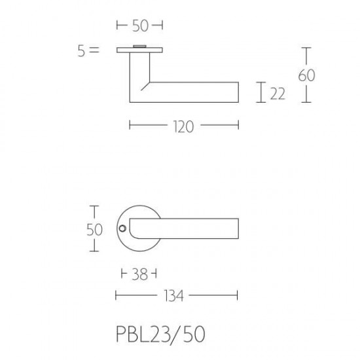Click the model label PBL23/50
point(160,334)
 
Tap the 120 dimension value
point(184,127)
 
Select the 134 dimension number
point(174,296)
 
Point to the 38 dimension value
point(139,274)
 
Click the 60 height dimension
point(306,75)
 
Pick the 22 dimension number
point(278,94)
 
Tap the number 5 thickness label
point(81,51)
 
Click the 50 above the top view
point(140,26)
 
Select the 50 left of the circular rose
point(94,230)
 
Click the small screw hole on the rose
point(122,228)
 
